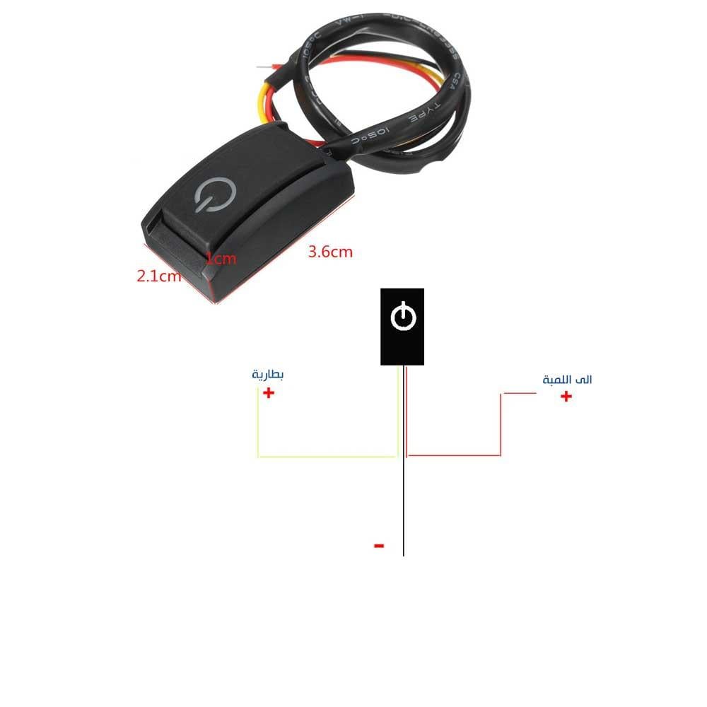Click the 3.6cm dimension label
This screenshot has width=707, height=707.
[330, 252]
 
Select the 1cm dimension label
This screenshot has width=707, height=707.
[221, 259]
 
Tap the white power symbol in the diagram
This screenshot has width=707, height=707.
[402, 316]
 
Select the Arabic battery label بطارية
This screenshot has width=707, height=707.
[267, 375]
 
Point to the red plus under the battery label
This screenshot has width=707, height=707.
[269, 393]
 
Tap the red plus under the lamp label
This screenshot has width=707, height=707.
[566, 397]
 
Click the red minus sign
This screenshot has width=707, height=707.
[379, 545]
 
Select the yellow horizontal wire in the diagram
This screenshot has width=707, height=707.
[325, 456]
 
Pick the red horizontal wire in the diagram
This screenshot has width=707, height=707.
[452, 455]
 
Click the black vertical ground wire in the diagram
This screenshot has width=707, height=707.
[403, 509]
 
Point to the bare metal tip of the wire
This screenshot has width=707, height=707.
[264, 68]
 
